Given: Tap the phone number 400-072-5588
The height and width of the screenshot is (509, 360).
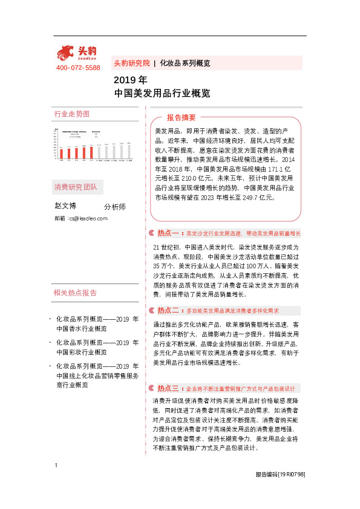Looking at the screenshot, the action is (x=78, y=68).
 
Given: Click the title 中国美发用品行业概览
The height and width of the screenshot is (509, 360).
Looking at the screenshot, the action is (x=162, y=94).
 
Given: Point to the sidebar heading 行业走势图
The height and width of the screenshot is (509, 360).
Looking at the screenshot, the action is (x=72, y=114).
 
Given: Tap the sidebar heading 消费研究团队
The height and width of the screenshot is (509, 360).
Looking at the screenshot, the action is (x=75, y=186).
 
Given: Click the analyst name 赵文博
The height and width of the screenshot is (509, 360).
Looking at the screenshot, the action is (x=65, y=206).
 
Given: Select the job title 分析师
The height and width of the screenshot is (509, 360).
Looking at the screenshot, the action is (x=115, y=207).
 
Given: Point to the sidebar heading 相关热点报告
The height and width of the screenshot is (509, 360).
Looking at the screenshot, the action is (x=75, y=293).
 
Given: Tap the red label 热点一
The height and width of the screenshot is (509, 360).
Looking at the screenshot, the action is (x=166, y=233).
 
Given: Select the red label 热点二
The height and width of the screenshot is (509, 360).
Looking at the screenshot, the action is (x=166, y=310).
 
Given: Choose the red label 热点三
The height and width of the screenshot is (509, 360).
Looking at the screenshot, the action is (x=166, y=388).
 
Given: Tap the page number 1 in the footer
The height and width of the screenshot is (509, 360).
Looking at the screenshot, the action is (x=56, y=482).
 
